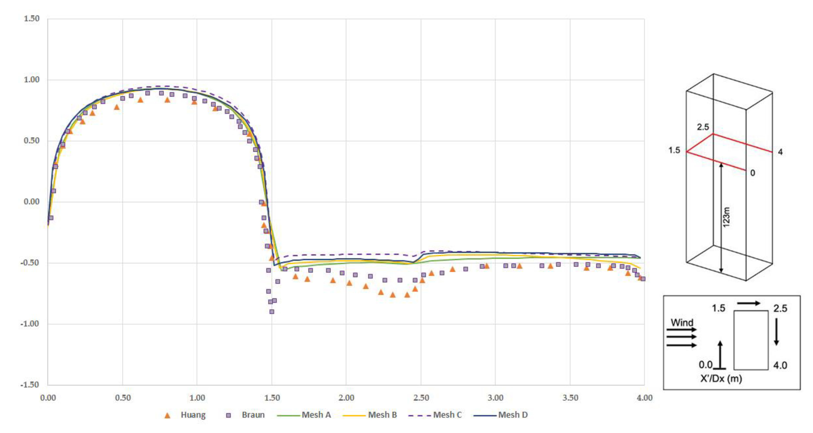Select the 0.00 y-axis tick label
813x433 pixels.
tap(32, 202)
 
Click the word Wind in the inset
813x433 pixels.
tap(682, 323)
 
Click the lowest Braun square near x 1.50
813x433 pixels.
tap(272, 312)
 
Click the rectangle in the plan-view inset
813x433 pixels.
tap(751, 340)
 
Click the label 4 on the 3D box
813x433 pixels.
tap(780, 152)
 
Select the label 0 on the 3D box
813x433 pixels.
tap(753, 173)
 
